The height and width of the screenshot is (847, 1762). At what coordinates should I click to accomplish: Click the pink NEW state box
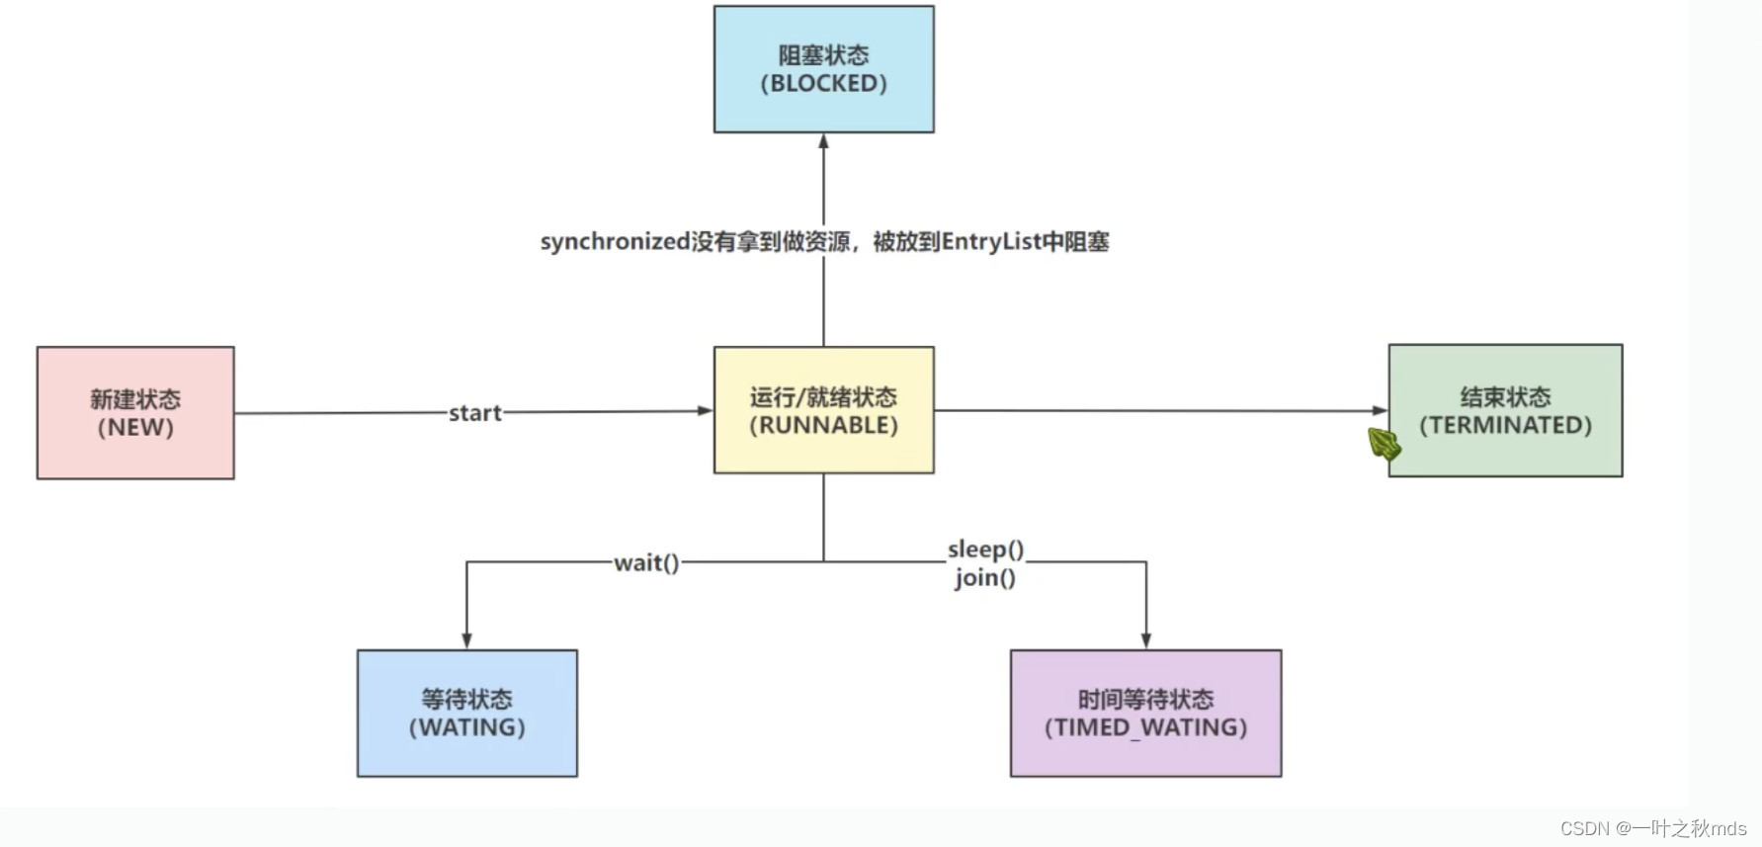(135, 412)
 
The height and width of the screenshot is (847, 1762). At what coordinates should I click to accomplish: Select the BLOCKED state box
(823, 69)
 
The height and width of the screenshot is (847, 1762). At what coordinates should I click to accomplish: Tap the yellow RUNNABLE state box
(823, 410)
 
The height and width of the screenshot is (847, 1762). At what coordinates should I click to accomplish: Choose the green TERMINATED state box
(1505, 410)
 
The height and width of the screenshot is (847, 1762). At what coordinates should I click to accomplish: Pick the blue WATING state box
(466, 713)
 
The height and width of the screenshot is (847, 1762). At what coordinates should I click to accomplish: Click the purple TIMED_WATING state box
(1145, 713)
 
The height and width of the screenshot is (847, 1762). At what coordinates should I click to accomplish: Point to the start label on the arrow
(475, 413)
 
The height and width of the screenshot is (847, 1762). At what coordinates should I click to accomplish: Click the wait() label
(646, 562)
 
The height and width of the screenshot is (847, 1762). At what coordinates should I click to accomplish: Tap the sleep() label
(985, 549)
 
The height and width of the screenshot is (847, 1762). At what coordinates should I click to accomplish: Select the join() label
(985, 577)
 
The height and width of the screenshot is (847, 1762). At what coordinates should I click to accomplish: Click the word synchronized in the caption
(615, 242)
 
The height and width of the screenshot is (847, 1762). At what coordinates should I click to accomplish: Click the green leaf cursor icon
(1384, 444)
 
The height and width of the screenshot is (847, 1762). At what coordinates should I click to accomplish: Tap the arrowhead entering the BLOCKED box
(823, 141)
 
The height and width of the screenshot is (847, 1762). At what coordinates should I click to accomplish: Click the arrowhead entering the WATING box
(466, 640)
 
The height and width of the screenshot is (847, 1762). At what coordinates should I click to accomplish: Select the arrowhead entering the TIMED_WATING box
(1145, 640)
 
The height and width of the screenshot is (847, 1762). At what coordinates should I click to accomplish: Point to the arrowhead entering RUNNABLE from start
(705, 410)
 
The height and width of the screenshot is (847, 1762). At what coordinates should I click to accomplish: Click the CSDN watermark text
(1653, 828)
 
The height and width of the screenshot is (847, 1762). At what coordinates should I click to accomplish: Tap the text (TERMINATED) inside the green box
(1505, 425)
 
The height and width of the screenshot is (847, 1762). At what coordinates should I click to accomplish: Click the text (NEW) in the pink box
(135, 428)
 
